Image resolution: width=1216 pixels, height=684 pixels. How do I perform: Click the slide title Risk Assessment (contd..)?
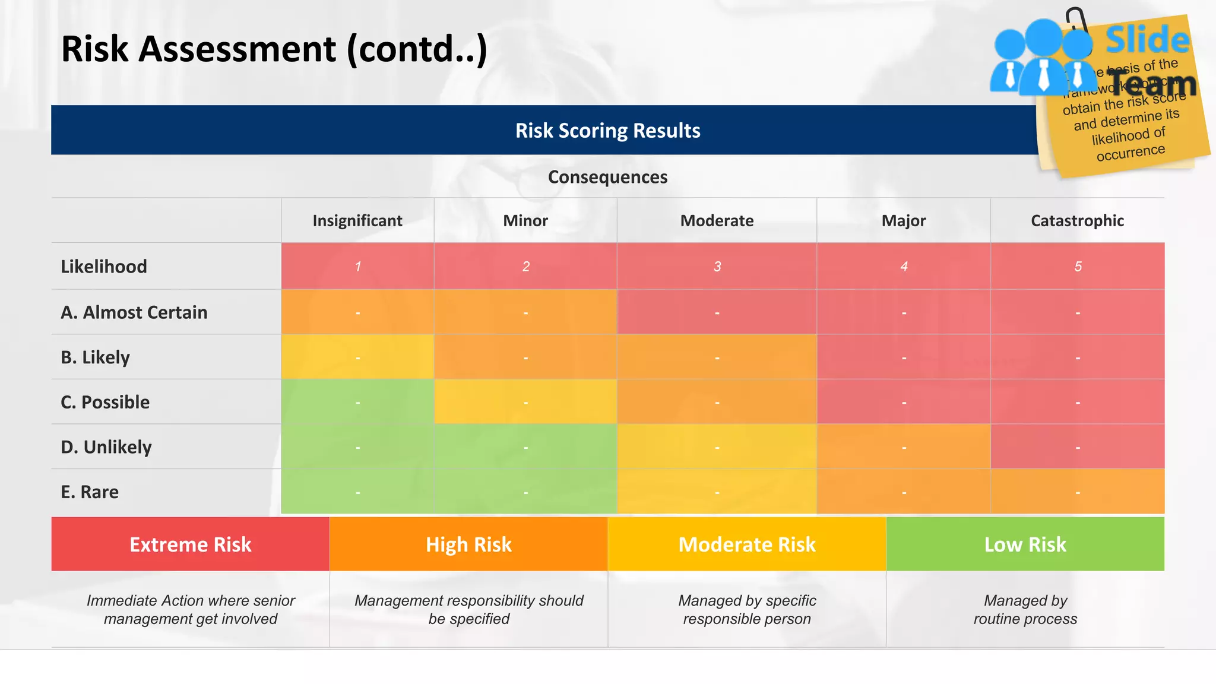[274, 49]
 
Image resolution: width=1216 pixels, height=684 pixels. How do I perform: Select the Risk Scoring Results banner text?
[607, 131]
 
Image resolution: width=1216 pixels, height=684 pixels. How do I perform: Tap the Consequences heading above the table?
[607, 177]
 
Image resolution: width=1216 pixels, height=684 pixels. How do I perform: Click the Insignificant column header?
[357, 221]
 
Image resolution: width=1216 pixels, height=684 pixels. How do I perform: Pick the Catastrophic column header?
[1077, 221]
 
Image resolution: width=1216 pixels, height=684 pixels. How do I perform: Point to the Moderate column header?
[717, 221]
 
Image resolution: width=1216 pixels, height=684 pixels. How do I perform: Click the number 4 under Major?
[904, 267]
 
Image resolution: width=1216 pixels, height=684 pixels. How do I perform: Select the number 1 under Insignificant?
[357, 267]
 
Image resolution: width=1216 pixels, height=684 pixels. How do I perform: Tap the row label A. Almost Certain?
[134, 312]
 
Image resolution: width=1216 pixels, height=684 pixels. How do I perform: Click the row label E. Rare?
[90, 492]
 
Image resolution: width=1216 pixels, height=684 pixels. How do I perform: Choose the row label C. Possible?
[105, 402]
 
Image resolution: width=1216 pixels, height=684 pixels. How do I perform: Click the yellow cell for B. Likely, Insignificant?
[357, 357]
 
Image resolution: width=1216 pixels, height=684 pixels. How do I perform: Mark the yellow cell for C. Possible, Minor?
[525, 402]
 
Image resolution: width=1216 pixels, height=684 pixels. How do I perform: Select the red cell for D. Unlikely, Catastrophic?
[1077, 446]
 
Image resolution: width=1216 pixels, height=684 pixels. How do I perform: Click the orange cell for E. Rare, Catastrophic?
[1077, 492]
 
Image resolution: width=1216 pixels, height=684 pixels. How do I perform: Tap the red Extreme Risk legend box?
[190, 544]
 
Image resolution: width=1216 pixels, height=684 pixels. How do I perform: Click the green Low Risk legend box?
[1025, 544]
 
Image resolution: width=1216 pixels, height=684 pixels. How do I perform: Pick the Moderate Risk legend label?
[746, 544]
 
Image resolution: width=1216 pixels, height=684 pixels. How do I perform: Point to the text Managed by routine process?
[1025, 610]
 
